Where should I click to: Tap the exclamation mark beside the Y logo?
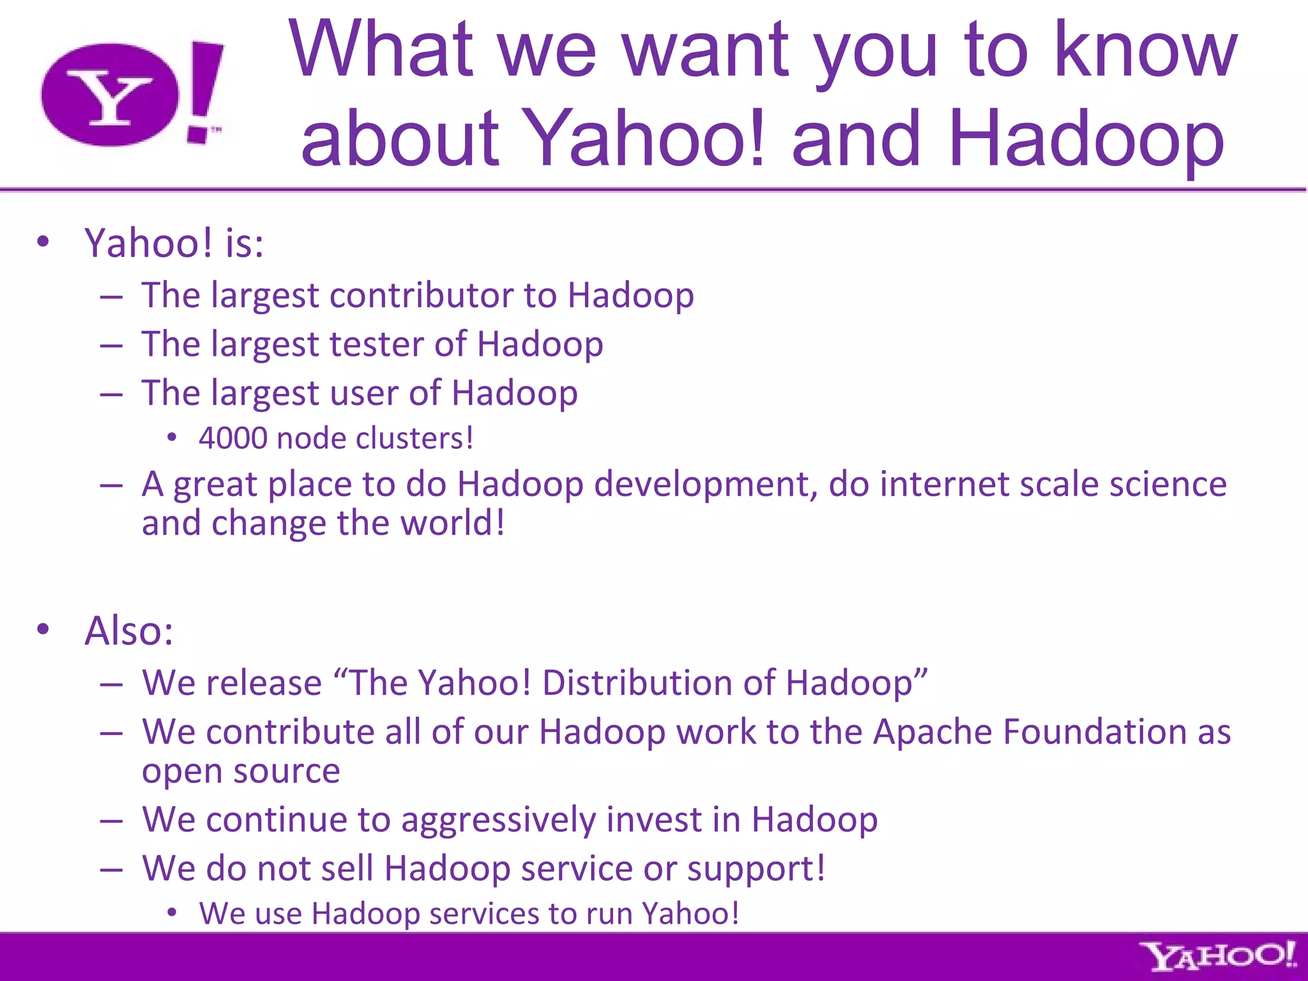click(204, 93)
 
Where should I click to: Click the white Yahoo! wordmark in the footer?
click(1219, 956)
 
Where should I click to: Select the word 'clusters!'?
click(414, 439)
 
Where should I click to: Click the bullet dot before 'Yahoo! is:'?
click(43, 242)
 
